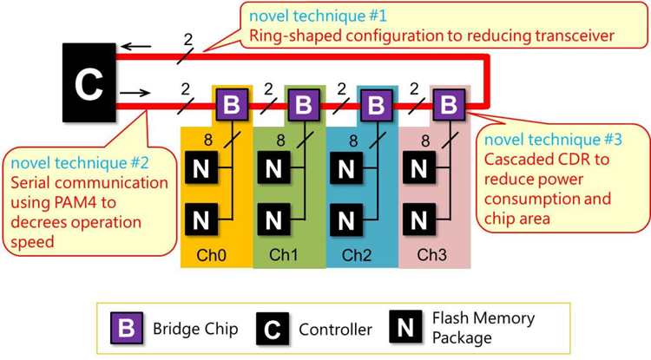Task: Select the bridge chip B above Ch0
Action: pos(231,106)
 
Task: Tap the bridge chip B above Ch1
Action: pos(303,106)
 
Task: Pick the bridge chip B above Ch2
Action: pos(375,106)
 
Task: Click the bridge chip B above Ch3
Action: pos(448,106)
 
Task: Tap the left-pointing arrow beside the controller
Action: pos(133,49)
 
